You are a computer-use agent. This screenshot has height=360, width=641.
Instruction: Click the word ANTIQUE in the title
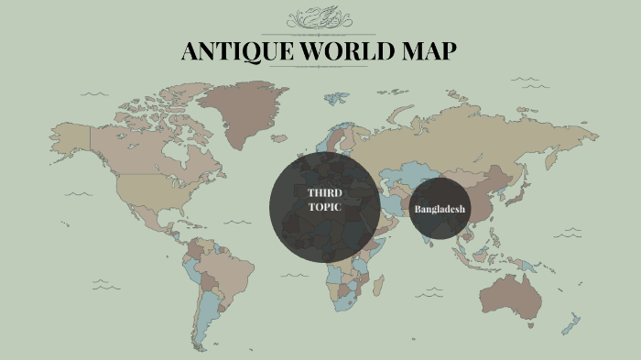(x=233, y=51)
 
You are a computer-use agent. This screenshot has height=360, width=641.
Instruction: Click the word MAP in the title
(x=428, y=51)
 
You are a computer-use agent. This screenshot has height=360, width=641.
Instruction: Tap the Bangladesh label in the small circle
(x=440, y=210)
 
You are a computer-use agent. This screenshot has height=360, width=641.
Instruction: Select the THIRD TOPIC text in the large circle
(x=324, y=200)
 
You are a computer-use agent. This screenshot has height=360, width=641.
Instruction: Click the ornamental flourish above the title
(x=320, y=19)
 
